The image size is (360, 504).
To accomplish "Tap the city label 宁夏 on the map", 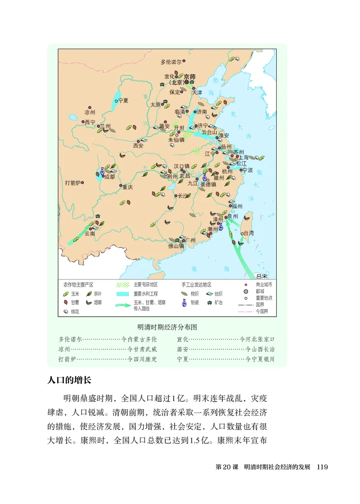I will [124, 101].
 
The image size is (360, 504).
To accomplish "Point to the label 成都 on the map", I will [109, 177].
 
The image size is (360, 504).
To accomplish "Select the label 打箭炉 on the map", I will [72, 183].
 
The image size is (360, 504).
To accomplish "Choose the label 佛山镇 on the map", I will [176, 246].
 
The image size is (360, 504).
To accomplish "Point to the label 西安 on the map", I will [138, 145].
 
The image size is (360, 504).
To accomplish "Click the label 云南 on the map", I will [90, 234].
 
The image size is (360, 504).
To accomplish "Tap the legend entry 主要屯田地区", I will [145, 285].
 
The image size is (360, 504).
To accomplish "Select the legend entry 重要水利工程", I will [145, 293].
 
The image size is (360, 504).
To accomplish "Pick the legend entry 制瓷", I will [194, 303].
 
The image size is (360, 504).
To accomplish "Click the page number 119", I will [322, 467].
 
